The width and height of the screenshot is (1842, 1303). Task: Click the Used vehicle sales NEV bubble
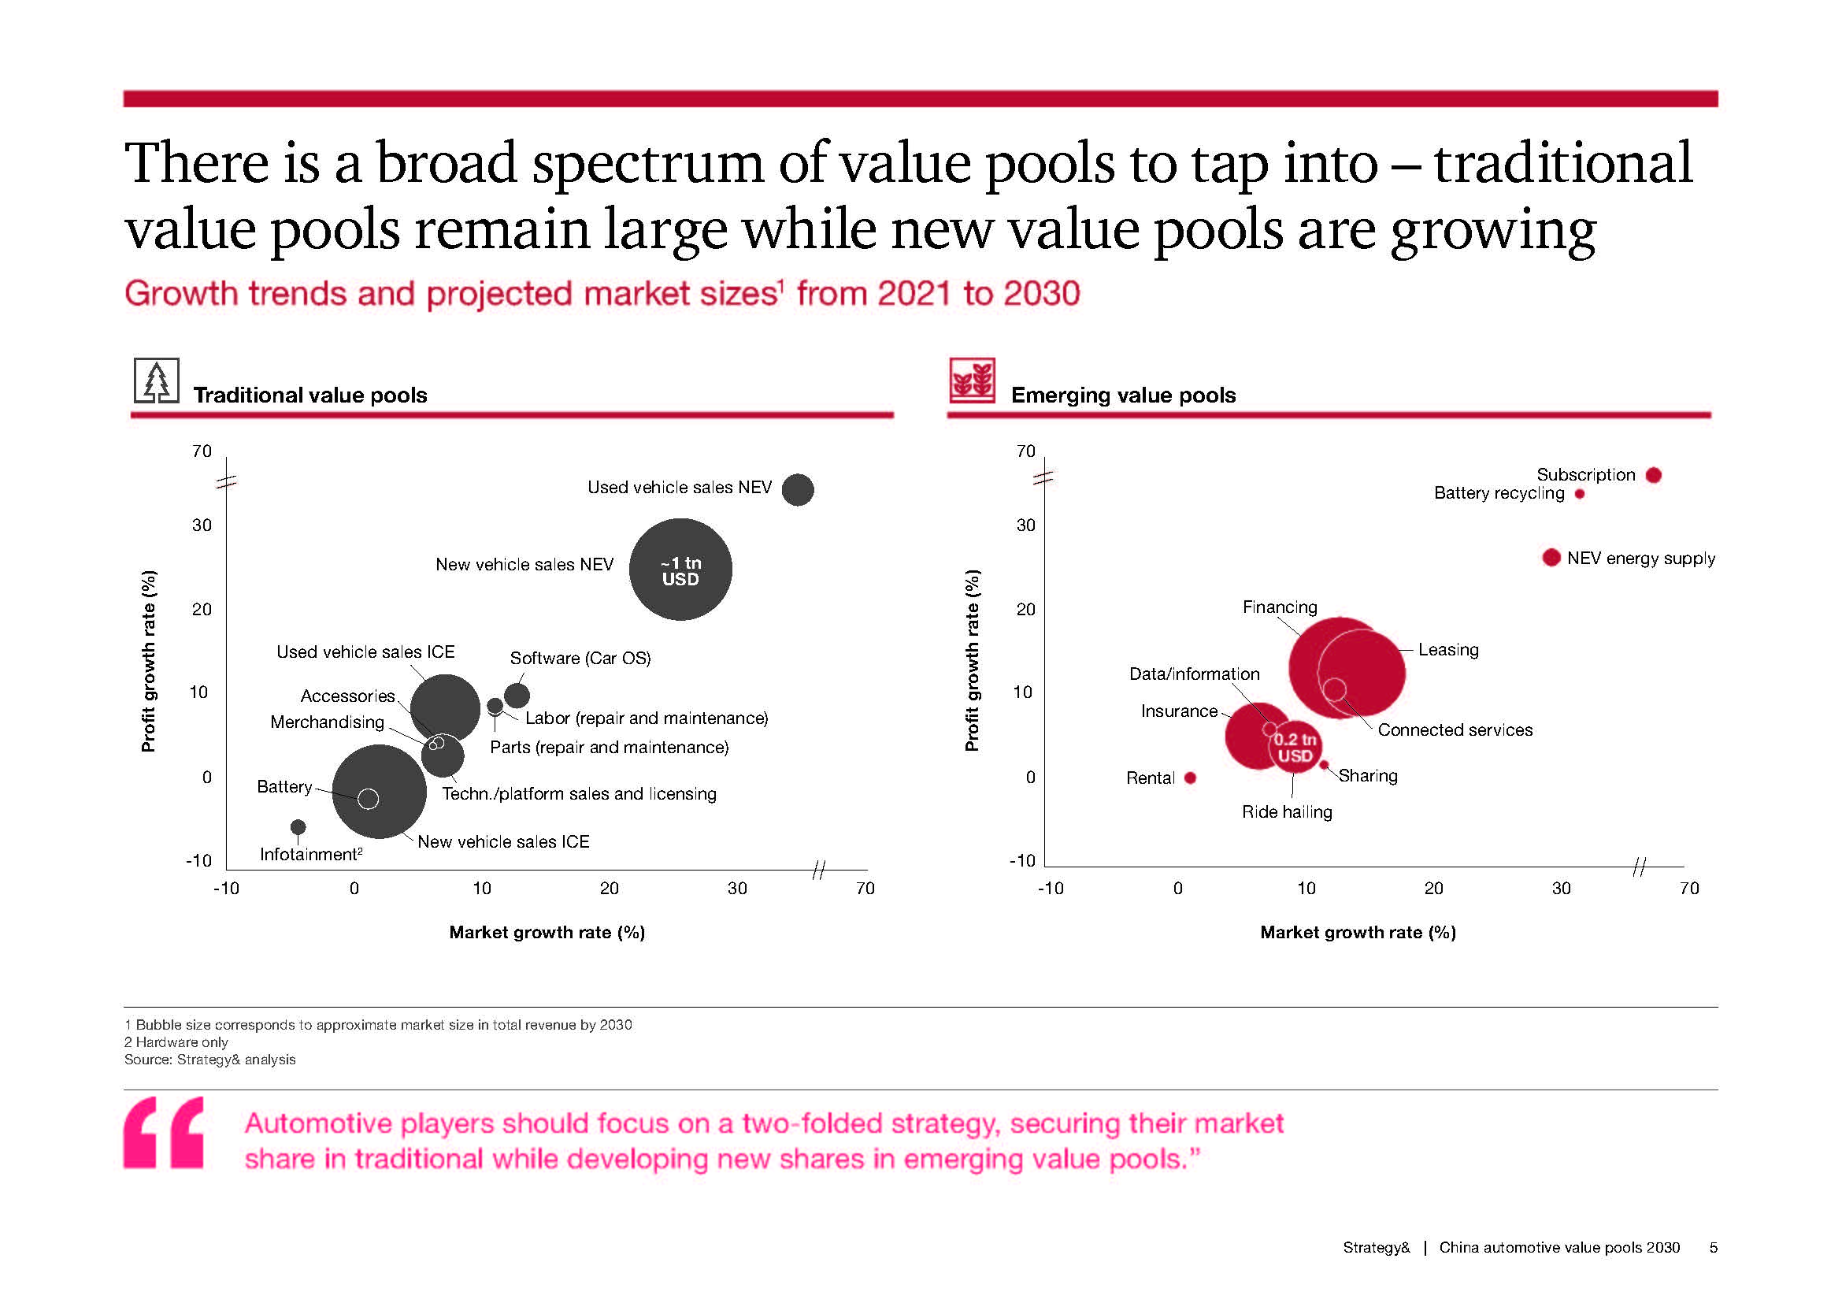tap(798, 489)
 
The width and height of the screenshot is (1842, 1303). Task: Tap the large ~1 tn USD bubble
tap(680, 570)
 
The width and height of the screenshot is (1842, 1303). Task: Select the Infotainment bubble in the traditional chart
tap(298, 826)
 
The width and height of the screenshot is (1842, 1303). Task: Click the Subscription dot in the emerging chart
tap(1654, 475)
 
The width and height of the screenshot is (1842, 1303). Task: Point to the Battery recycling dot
tap(1580, 494)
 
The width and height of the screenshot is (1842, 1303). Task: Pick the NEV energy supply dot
tap(1551, 558)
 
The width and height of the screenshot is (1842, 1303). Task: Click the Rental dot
tap(1191, 778)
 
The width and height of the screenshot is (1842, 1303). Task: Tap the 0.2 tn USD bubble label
tap(1295, 748)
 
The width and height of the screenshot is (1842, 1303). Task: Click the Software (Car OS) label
tap(580, 659)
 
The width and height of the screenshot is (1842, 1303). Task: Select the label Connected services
tap(1455, 730)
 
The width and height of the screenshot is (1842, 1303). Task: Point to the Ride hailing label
tap(1287, 812)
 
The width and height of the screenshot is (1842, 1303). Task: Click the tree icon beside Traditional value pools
tap(157, 381)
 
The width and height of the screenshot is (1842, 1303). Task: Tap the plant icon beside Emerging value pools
tap(972, 381)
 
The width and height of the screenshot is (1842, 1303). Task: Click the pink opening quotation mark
tap(164, 1132)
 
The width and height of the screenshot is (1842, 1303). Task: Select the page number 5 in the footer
tap(1713, 1248)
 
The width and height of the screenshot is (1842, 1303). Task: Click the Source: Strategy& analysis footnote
tap(210, 1060)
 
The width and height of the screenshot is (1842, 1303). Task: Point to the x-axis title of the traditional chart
tap(547, 932)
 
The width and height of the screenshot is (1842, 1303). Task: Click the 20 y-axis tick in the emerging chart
tap(1025, 609)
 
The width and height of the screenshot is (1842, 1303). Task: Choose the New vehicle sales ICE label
tap(503, 841)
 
